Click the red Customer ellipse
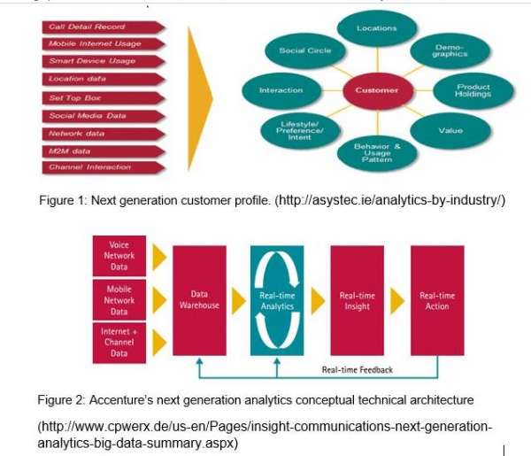[x=376, y=89]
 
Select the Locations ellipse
[x=376, y=28]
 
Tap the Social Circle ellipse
[x=304, y=50]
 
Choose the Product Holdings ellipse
[x=473, y=90]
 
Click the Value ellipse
[x=450, y=131]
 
